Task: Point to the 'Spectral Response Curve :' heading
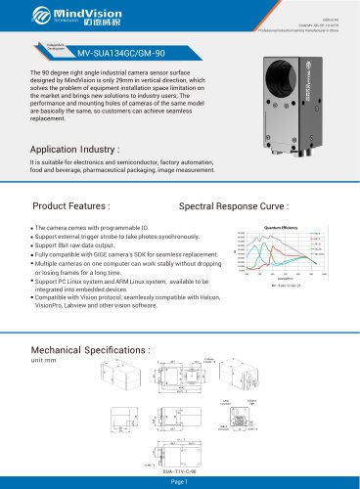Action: pyautogui.click(x=235, y=208)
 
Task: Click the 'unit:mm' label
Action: pyautogui.click(x=45, y=360)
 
